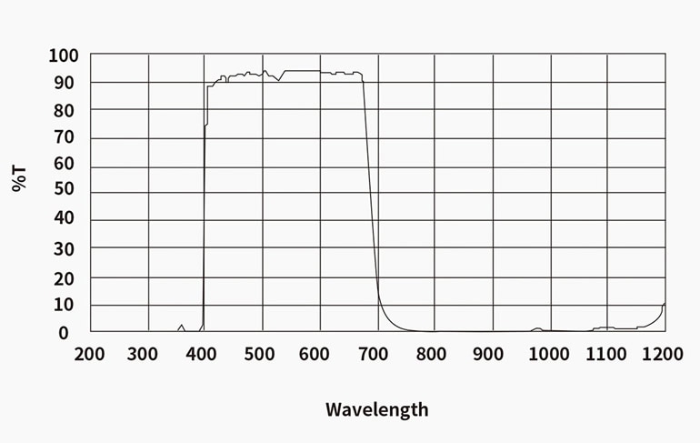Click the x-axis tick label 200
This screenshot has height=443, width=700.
89,354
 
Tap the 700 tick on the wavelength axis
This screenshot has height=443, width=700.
376,354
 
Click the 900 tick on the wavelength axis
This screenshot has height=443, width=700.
491,354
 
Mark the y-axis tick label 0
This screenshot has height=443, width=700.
64,333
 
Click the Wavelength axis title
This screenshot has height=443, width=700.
376,409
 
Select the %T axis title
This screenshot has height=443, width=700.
20,177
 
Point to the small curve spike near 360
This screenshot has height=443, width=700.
181,326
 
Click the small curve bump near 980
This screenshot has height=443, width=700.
537,328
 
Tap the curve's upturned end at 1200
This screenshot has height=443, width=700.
664,305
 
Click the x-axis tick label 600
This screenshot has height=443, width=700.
319,354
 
